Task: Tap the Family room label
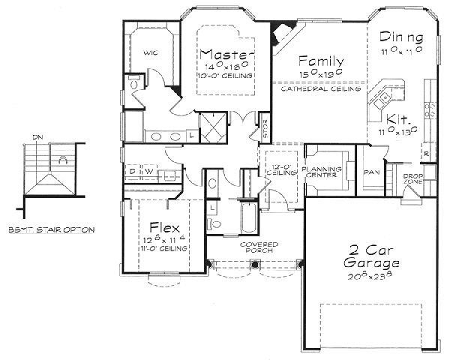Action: (321, 61)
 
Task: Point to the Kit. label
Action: (397, 118)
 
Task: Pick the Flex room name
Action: (163, 226)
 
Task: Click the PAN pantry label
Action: (369, 172)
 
